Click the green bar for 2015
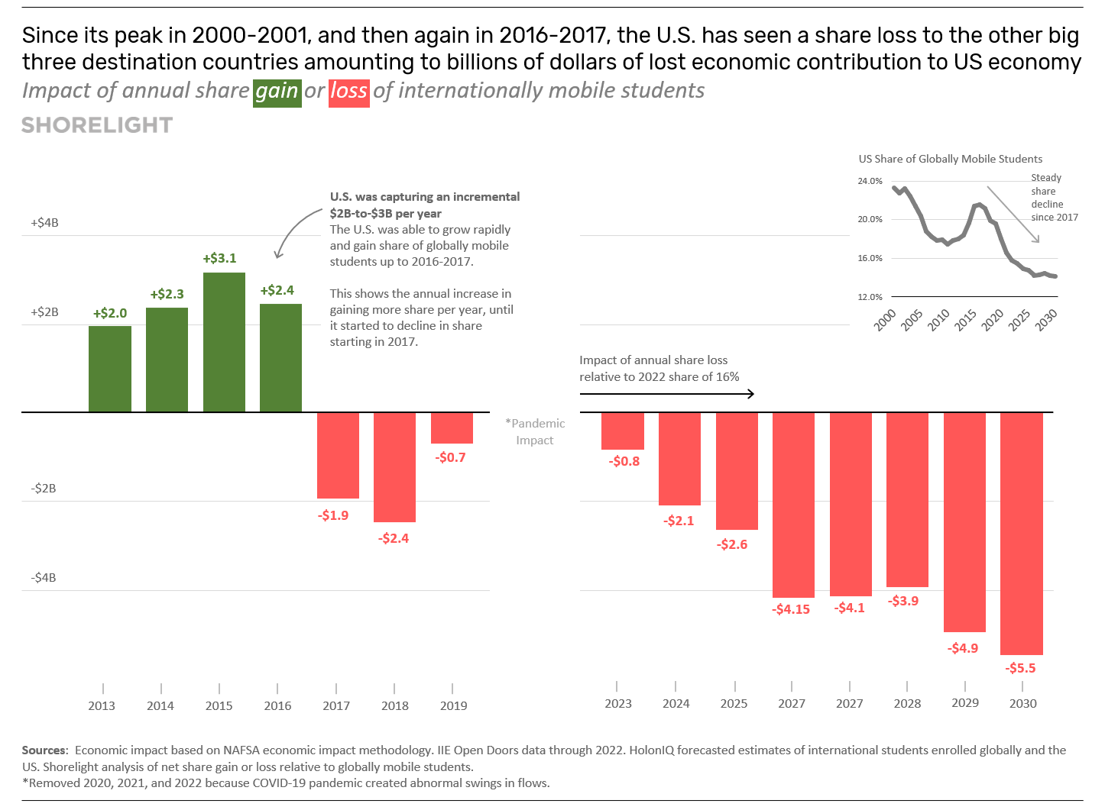pyautogui.click(x=224, y=342)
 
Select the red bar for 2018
pyautogui.click(x=394, y=467)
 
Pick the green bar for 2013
pyautogui.click(x=110, y=369)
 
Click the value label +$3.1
pyautogui.click(x=219, y=258)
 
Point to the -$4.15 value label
pyautogui.click(x=791, y=609)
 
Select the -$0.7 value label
pyautogui.click(x=451, y=457)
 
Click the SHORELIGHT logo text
pyautogui.click(x=97, y=125)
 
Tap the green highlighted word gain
pyautogui.click(x=277, y=92)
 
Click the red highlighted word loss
pyautogui.click(x=348, y=92)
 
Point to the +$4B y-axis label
pyautogui.click(x=44, y=223)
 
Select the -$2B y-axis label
pyautogui.click(x=44, y=489)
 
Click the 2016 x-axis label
pyautogui.click(x=277, y=705)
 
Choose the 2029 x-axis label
pyautogui.click(x=964, y=702)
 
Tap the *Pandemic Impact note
pyautogui.click(x=536, y=431)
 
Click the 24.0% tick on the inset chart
pyautogui.click(x=870, y=181)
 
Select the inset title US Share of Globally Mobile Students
pyautogui.click(x=950, y=159)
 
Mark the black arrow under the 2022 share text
pyautogui.click(x=666, y=394)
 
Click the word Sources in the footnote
pyautogui.click(x=44, y=750)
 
